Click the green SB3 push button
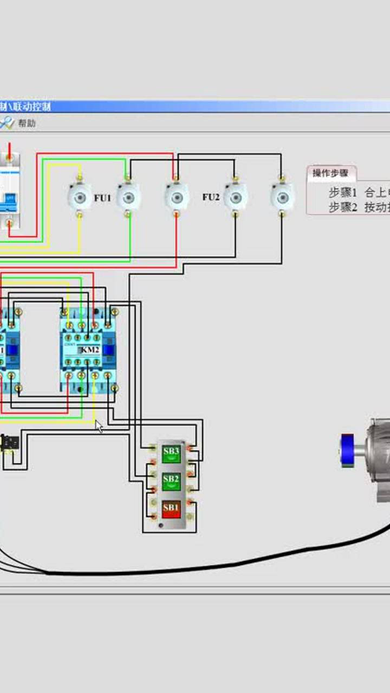(x=171, y=453)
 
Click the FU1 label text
(x=102, y=198)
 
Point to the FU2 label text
(x=211, y=197)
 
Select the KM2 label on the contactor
(x=90, y=350)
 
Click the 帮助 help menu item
(x=27, y=123)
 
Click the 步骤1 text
(x=343, y=192)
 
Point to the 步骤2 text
(x=343, y=207)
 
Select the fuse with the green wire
(x=128, y=197)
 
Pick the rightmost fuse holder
(x=282, y=196)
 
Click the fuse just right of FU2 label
(x=235, y=196)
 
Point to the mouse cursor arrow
(x=98, y=426)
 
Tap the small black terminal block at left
(x=9, y=443)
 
